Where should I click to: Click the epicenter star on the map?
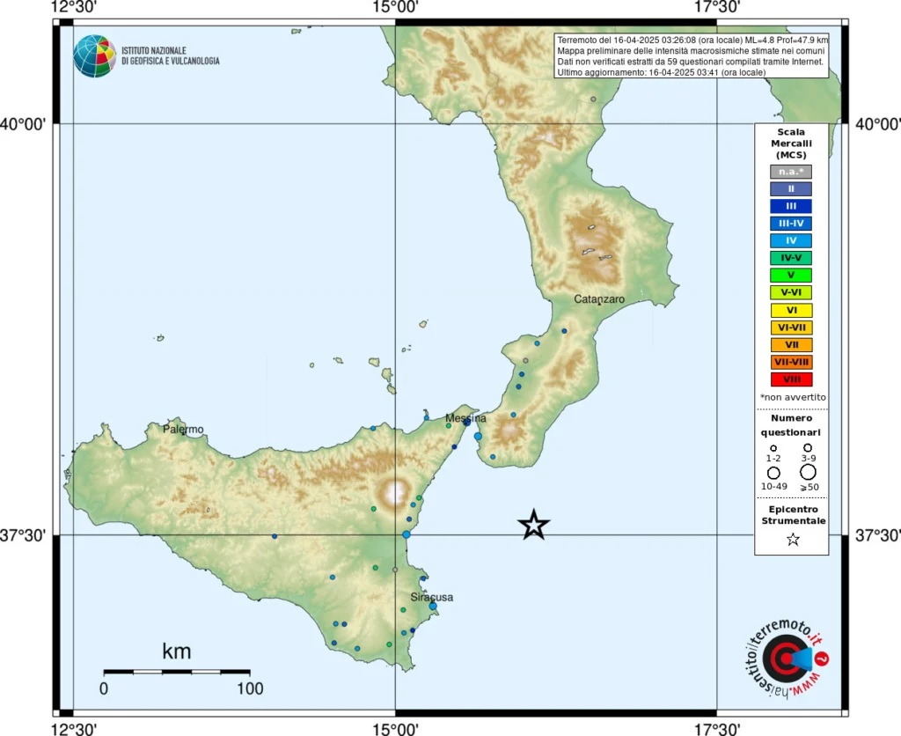coord(534,525)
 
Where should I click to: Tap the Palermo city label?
coord(183,430)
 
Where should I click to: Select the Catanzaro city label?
coord(599,299)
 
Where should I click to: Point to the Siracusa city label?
coord(431,597)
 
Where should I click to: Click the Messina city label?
coord(465,418)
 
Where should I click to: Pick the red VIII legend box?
coord(791,379)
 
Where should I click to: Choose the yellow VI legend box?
coord(791,310)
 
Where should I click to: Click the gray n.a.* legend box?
coord(791,172)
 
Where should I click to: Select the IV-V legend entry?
coord(791,258)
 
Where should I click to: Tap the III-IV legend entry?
coord(791,224)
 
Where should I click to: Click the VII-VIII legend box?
coord(791,362)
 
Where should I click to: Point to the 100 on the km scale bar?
coord(250,688)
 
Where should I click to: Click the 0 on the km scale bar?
coord(104,688)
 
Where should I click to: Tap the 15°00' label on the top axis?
coord(395,8)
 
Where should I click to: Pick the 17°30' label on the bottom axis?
coord(717,727)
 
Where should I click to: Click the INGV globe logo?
coord(94,56)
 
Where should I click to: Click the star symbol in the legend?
coord(792,540)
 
